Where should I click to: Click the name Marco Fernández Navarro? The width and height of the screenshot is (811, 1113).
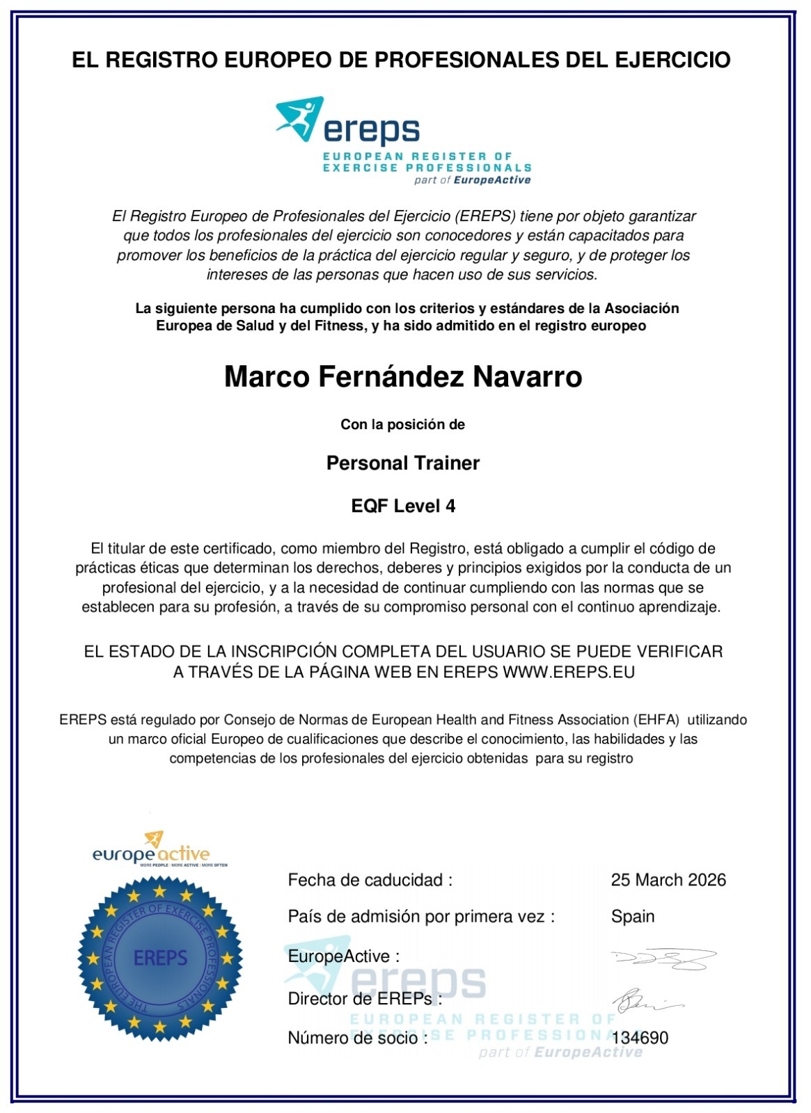(403, 377)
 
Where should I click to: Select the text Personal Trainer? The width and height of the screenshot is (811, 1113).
(403, 463)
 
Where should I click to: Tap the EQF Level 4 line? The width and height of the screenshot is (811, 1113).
(403, 506)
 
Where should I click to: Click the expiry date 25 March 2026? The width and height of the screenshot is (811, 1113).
(668, 880)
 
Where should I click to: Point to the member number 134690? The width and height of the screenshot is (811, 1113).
(640, 1038)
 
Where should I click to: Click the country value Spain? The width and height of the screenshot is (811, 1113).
(633, 916)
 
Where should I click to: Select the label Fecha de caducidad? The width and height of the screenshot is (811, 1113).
(370, 880)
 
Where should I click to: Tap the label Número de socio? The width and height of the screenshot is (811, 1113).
(357, 1038)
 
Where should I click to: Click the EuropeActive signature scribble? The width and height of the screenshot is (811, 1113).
(663, 959)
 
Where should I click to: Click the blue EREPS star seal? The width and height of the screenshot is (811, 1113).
(160, 958)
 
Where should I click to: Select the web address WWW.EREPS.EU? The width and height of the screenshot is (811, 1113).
(569, 672)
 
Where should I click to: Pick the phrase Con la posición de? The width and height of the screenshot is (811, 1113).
(402, 424)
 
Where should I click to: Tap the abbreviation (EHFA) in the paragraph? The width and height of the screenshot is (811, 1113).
(656, 720)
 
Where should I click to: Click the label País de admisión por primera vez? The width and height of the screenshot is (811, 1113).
(421, 916)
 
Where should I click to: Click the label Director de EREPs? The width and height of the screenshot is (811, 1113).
(365, 999)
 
